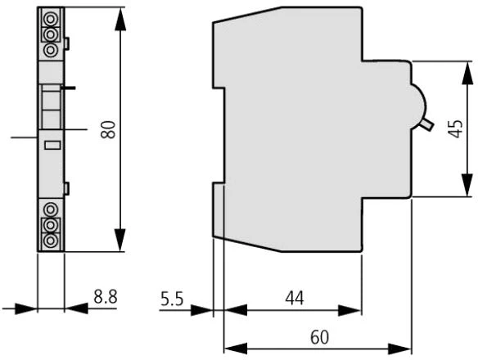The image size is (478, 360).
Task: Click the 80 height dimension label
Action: point(109,130)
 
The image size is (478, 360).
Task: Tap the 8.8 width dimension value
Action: point(106,297)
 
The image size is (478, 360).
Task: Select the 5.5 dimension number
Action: point(172,299)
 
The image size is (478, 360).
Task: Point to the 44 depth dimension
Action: point(295,298)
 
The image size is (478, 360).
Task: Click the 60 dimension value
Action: point(320,337)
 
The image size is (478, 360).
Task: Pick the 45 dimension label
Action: point(456,128)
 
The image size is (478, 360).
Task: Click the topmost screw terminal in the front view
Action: point(51,19)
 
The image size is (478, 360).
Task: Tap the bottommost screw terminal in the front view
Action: point(51,241)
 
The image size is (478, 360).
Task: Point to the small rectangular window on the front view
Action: point(52,145)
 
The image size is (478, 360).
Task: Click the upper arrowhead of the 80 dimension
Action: point(120,19)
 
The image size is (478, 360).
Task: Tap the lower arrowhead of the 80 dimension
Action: point(120,241)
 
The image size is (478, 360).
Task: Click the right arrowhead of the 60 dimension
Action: point(399,349)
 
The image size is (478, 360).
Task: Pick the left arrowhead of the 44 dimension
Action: point(236,310)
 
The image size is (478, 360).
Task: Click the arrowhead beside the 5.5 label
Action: point(201,310)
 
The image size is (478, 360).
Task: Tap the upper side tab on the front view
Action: point(67,43)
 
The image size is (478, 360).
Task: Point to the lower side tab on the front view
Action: point(67,188)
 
